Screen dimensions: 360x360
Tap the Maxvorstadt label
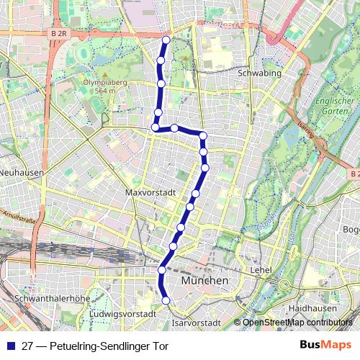(150, 193)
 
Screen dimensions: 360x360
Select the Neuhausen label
(22, 173)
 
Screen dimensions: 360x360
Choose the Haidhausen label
(309, 307)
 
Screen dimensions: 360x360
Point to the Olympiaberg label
(100, 86)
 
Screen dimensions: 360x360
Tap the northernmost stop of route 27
(166, 40)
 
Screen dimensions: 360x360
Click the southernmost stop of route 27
(166, 300)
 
